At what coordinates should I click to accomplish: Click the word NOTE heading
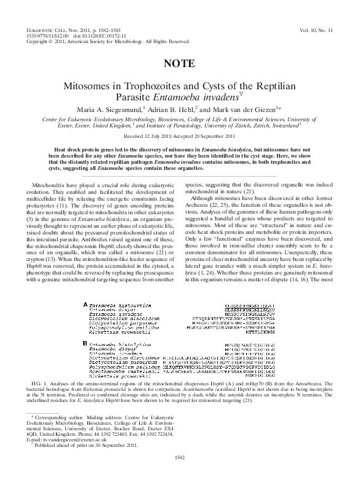(x=180, y=63)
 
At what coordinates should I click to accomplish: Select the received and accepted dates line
(x=180, y=135)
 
